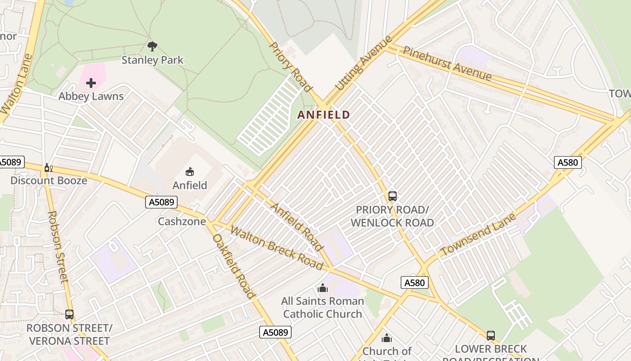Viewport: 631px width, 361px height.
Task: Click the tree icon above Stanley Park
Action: coord(152,46)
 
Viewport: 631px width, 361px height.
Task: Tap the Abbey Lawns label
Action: coord(91,96)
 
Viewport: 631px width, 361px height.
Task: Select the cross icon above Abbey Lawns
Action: coord(91,83)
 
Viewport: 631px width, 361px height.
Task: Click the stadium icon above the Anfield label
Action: coord(190,171)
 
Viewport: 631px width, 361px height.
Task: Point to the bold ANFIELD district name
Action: coord(324,115)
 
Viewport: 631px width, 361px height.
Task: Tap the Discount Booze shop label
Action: coord(49,180)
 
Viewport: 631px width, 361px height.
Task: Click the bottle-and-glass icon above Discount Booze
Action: coord(48,168)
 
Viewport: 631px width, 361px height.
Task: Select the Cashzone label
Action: coord(182,222)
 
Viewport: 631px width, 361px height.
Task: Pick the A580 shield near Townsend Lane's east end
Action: coord(567,162)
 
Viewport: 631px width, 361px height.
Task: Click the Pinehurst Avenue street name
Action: coord(447,64)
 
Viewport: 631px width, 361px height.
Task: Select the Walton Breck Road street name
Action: coord(276,248)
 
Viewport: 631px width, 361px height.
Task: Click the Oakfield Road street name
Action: coord(234,266)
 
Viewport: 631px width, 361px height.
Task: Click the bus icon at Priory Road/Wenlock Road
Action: coord(392,196)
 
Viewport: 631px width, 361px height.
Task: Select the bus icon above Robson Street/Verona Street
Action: coord(69,314)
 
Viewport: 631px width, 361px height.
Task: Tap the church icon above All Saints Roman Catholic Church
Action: coord(322,288)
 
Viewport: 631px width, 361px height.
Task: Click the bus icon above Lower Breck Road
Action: coord(490,336)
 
